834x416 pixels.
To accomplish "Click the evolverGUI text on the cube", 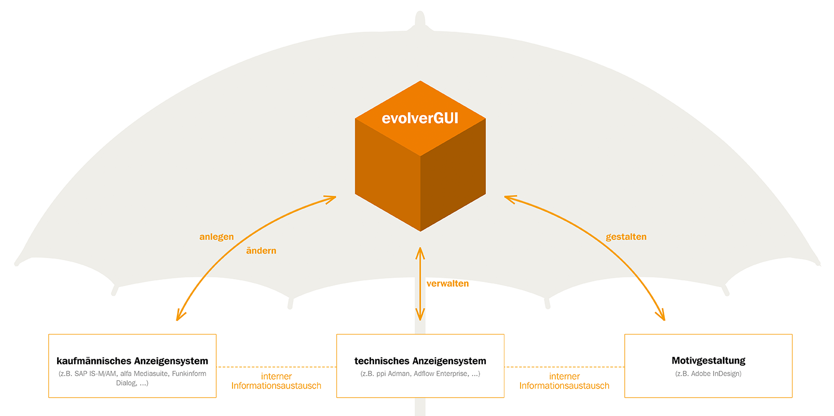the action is [x=420, y=118].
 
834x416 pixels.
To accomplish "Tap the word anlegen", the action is [x=216, y=237].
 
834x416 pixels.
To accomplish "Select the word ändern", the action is [x=261, y=251].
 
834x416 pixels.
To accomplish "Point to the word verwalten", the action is [x=447, y=284].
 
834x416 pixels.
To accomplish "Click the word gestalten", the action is [x=626, y=237].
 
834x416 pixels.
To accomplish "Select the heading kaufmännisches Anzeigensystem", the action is [x=132, y=361].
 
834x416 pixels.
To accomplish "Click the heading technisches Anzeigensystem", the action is [x=420, y=361].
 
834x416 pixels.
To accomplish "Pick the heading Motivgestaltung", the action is [x=708, y=360].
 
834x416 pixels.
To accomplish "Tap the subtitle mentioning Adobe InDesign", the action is [x=708, y=373].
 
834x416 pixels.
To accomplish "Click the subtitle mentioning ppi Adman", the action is [x=420, y=373].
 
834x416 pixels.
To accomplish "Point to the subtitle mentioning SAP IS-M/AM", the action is [x=132, y=378].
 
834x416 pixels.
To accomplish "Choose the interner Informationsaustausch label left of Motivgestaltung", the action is [x=564, y=381].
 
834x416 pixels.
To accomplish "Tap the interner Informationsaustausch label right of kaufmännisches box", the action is [x=276, y=381].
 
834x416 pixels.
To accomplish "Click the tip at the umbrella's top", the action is [x=420, y=12].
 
